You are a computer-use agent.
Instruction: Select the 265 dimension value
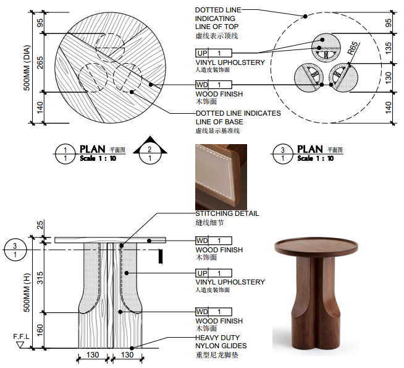(x=41, y=62)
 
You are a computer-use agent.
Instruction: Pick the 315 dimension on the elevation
(x=41, y=278)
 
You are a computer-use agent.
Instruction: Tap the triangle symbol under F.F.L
(x=20, y=345)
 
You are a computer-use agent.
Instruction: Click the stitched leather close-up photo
(x=221, y=177)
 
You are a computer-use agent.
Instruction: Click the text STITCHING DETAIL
(x=227, y=213)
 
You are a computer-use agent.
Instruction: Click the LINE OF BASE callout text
(x=219, y=122)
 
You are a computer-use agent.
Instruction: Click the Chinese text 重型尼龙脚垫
(x=216, y=356)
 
